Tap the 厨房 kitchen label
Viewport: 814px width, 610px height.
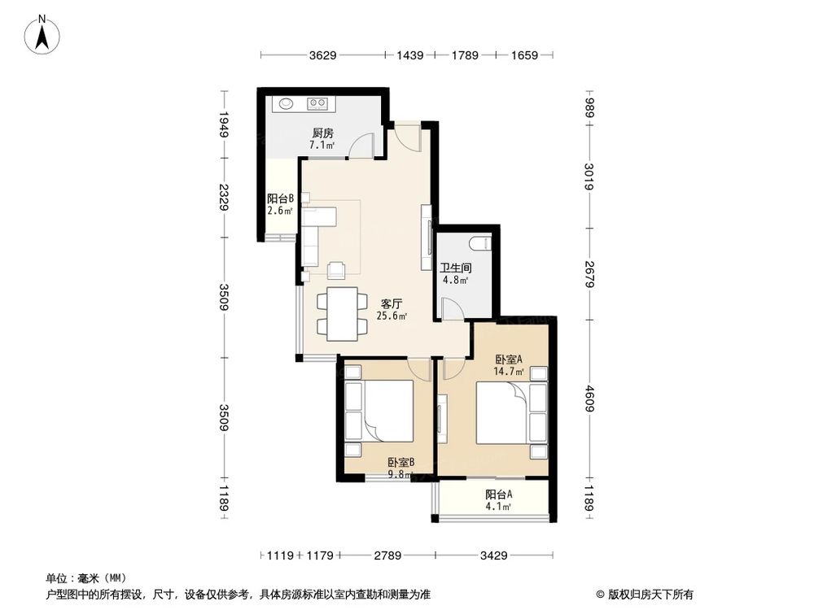(x=322, y=133)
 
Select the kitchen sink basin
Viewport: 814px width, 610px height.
(x=287, y=103)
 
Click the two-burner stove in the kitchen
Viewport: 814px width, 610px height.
(x=317, y=103)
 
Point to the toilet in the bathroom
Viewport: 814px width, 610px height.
(x=480, y=242)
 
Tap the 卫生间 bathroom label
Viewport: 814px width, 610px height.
(x=456, y=268)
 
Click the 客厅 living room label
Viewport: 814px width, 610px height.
(x=392, y=303)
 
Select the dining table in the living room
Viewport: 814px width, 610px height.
(x=337, y=313)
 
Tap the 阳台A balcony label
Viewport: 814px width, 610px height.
(x=498, y=495)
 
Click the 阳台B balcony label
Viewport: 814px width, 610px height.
(x=280, y=198)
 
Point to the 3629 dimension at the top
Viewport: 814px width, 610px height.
(x=323, y=56)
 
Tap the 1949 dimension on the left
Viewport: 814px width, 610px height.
(x=223, y=126)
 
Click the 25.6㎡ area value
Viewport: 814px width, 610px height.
(x=392, y=316)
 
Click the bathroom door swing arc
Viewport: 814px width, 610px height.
(x=449, y=307)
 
